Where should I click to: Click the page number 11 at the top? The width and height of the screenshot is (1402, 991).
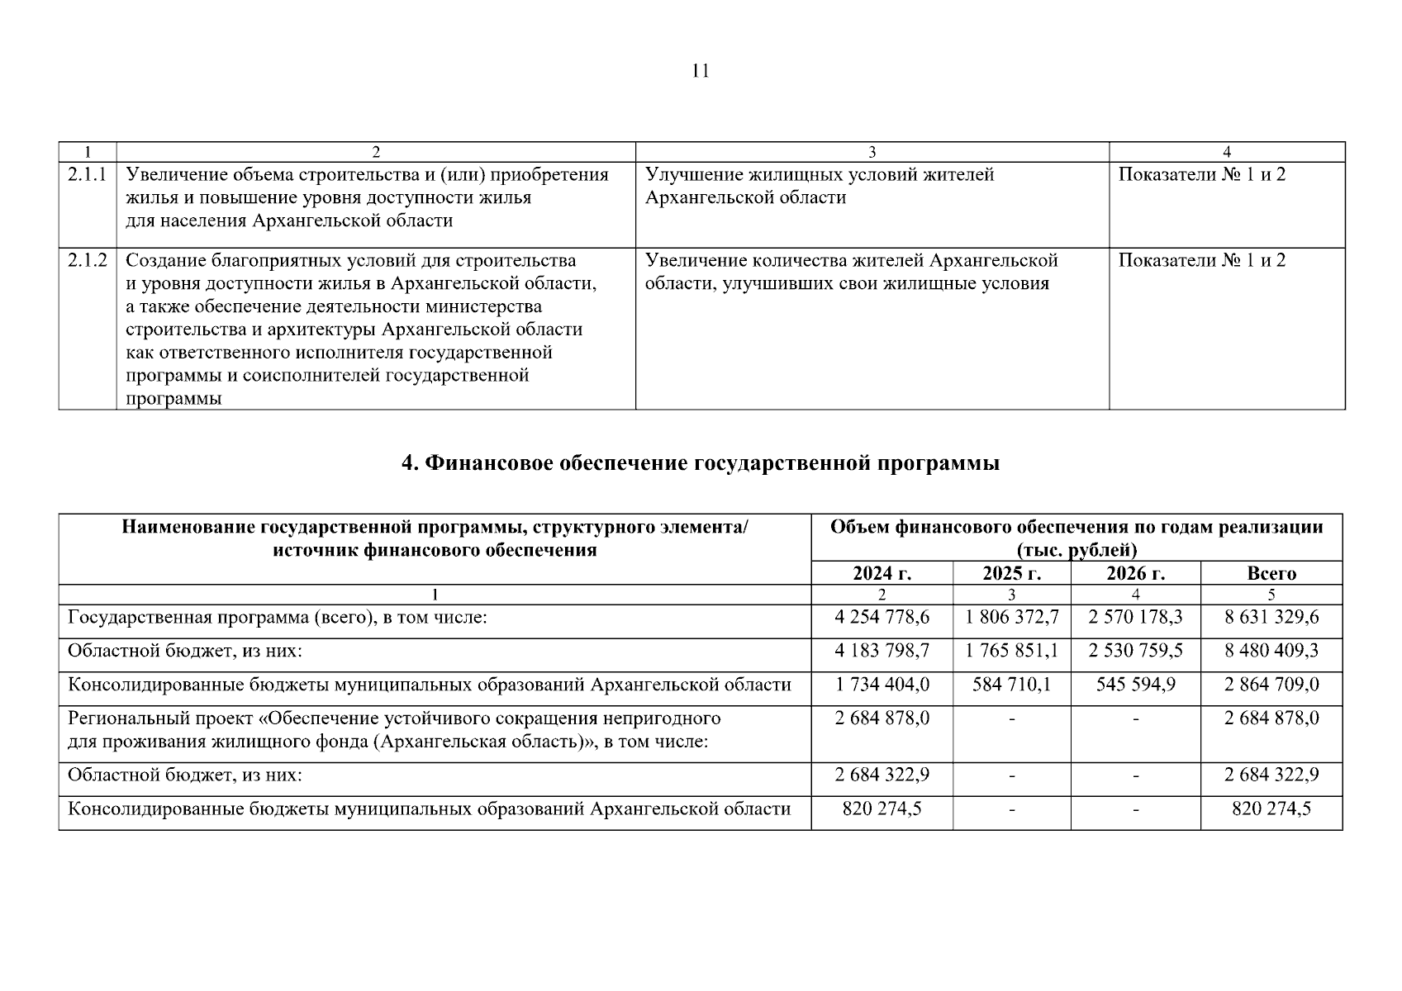coord(700,71)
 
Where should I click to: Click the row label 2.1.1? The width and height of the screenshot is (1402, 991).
coord(88,175)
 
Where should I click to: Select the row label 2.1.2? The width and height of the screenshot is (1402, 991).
coord(88,261)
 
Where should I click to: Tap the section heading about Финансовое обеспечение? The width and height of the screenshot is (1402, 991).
coord(701,463)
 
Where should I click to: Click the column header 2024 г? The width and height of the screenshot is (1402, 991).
coord(882,574)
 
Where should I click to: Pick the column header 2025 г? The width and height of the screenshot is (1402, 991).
coord(1011,574)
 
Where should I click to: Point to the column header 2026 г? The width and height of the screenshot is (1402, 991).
coord(1135,574)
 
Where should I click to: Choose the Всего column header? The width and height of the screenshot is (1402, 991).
coord(1271,574)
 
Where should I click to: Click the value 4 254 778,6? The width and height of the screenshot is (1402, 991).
coord(882,618)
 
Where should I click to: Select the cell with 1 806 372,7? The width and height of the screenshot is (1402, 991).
coord(1011,618)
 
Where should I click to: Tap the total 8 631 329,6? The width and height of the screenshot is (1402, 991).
coord(1271,618)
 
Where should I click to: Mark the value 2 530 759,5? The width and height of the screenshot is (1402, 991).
coord(1135,652)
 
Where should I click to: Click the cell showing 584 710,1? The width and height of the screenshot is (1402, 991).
coord(1011,685)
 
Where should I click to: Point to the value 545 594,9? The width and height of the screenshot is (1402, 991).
coord(1135,685)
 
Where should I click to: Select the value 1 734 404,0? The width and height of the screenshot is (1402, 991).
coord(882,685)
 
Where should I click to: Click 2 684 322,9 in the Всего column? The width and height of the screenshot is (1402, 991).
coord(1271,775)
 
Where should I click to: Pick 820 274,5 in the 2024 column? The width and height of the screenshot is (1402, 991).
coord(882,809)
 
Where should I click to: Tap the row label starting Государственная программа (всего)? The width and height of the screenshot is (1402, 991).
coord(277,618)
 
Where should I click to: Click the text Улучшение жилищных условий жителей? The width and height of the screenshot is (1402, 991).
coord(819,175)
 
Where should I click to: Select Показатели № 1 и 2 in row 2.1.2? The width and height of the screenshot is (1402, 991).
coord(1201,261)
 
